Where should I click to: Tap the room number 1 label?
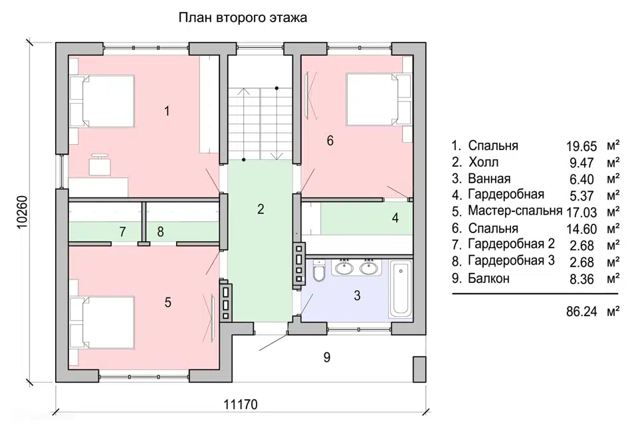167,111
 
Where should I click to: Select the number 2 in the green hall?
261,210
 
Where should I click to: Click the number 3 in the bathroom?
357,296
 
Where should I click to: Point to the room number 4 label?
395,217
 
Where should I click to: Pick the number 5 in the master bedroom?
168,302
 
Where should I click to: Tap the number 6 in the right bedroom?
330,140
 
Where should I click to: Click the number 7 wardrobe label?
122,232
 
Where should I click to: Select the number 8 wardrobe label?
160,232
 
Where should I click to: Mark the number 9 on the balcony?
326,357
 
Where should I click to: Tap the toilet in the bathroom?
317,272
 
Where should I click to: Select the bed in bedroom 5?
103,321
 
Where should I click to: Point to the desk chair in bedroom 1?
101,165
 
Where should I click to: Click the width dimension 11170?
240,404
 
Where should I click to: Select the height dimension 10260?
21,212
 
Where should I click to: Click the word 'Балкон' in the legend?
488,278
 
